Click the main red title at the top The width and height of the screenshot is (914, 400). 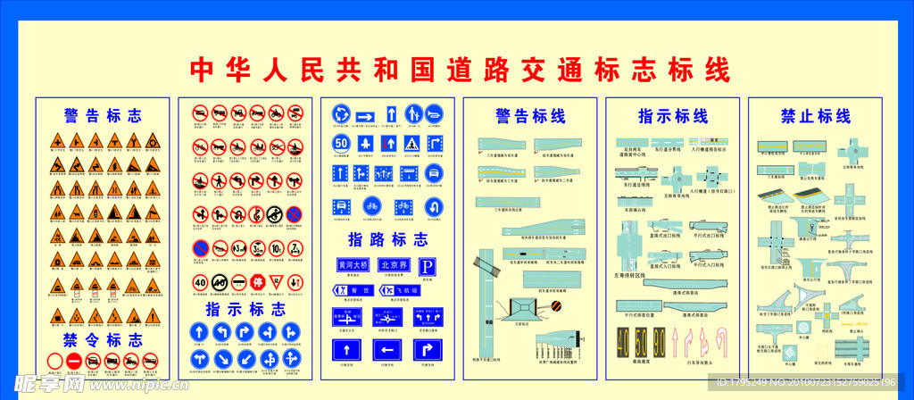pos(461,70)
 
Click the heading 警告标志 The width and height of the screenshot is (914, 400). pos(103,116)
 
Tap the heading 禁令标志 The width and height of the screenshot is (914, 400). pos(103,340)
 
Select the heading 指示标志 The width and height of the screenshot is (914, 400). pos(245,310)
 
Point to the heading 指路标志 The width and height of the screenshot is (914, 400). pos(387,239)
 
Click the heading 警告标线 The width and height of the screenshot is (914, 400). pos(530,116)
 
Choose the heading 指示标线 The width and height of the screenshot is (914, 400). pos(672,116)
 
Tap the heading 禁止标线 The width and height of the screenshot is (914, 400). pos(815,116)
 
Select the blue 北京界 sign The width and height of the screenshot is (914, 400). pos(393,265)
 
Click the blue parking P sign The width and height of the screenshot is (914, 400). pos(428,266)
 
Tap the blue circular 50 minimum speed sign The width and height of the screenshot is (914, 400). pos(340,143)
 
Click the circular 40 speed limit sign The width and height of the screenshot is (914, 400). pos(200,283)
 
